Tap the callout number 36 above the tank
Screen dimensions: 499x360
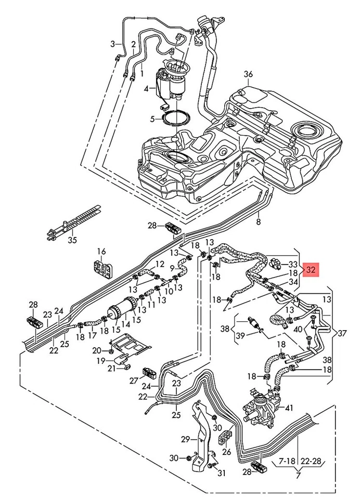[x=249, y=74]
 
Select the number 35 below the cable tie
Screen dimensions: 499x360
[x=73, y=240]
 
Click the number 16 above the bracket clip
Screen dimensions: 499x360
[x=102, y=252]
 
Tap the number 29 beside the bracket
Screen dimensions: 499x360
[x=185, y=440]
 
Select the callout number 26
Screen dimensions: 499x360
[x=226, y=452]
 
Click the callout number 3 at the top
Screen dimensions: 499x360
[x=112, y=44]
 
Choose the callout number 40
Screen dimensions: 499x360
[x=298, y=329]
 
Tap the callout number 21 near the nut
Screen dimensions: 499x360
[x=111, y=369]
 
